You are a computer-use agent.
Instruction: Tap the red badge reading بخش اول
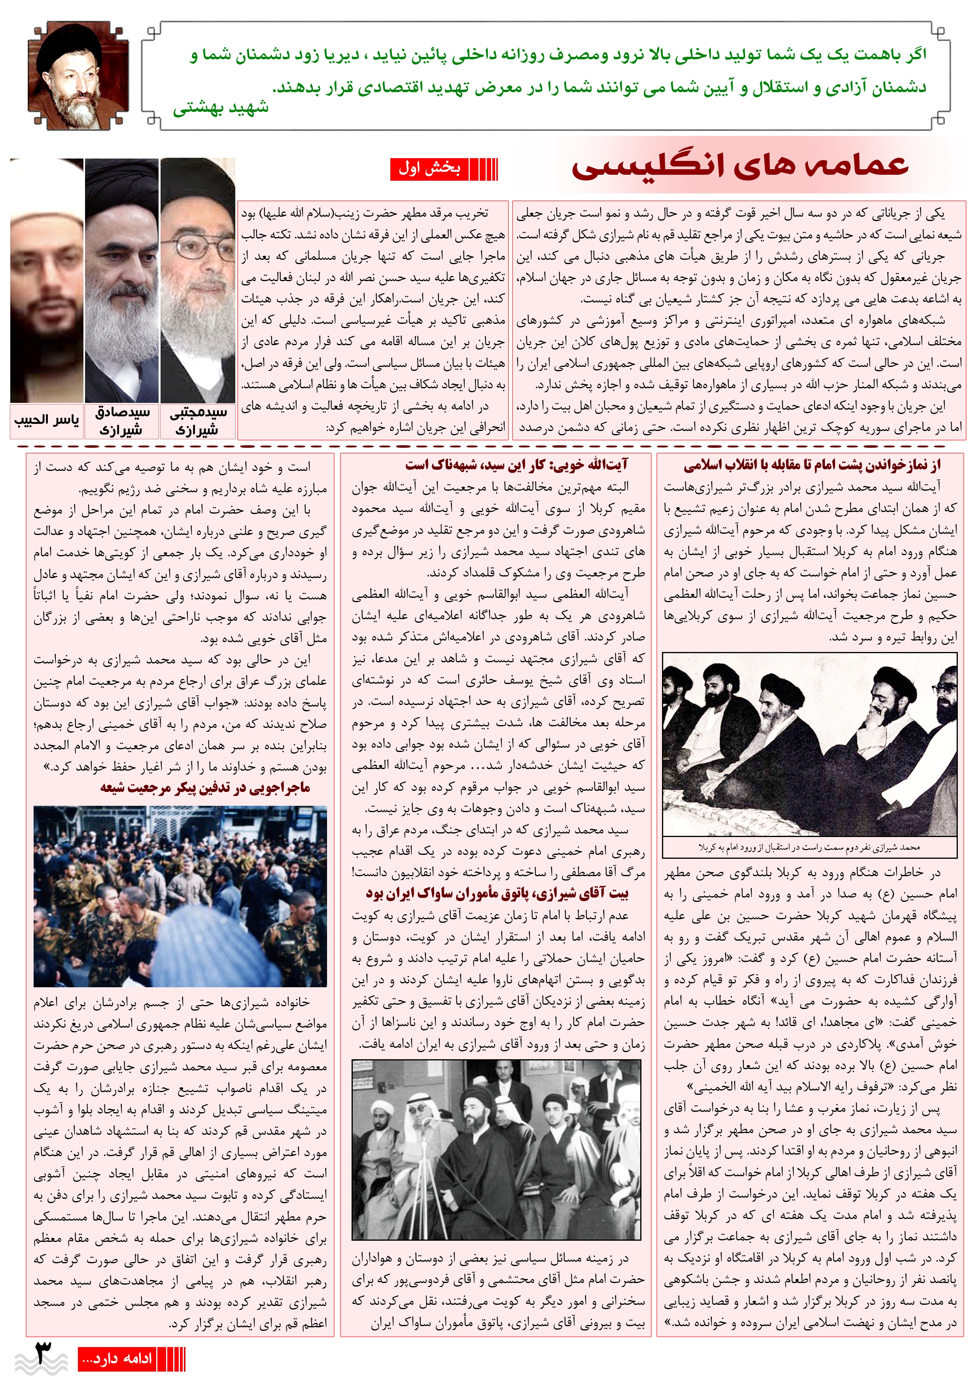point(429,168)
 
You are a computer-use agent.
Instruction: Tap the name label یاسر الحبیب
point(47,420)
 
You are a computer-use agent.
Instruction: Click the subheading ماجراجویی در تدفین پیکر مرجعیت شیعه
point(206,788)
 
